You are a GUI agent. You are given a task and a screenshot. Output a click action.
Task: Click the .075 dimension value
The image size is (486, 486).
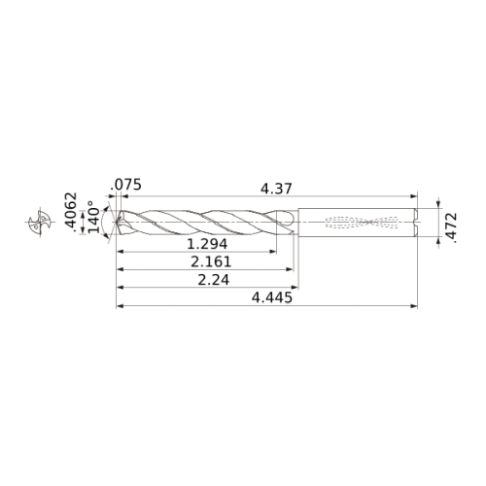point(125,185)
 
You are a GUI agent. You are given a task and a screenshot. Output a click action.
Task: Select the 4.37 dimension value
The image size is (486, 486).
point(276,189)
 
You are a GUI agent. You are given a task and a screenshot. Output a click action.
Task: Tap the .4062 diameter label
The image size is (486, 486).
point(71,212)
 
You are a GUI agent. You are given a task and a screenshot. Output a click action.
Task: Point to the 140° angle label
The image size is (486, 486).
point(94,217)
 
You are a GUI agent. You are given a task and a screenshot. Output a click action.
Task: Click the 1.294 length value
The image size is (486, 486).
point(207,244)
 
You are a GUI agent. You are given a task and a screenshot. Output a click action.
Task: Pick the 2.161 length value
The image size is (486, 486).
point(211,261)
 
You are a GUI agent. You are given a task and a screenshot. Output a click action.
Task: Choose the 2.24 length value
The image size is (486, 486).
point(214,280)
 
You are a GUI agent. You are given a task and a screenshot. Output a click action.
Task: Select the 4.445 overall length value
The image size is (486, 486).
point(272,297)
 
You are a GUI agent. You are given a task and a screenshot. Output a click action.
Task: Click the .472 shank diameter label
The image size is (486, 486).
point(451,227)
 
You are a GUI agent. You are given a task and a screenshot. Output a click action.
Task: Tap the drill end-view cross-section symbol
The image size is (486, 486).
point(40,222)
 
